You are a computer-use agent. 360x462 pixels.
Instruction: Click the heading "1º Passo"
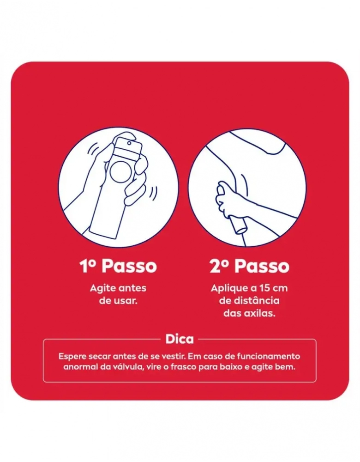118,266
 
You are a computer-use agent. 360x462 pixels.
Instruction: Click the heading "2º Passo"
249,266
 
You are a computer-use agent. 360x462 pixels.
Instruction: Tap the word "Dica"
180,339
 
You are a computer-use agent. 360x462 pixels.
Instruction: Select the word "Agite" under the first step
102,288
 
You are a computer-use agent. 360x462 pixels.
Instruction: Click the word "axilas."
260,313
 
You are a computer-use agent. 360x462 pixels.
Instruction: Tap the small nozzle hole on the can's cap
129,143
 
